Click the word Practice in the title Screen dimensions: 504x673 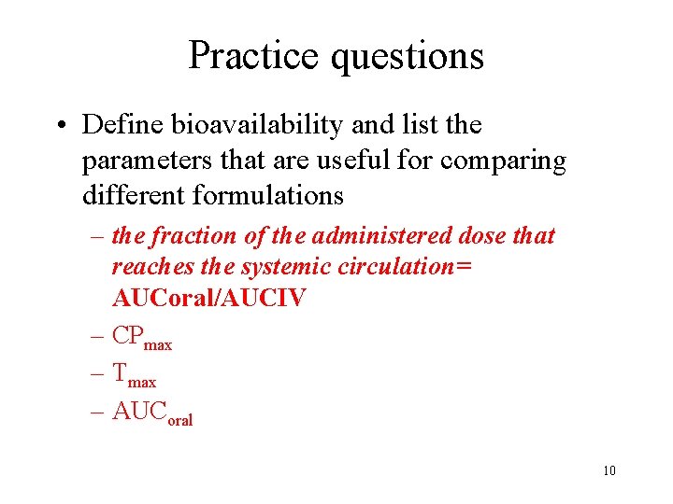click(254, 56)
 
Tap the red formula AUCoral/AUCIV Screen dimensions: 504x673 click(208, 299)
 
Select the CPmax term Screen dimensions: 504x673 click(141, 337)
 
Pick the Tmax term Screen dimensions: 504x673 click(134, 374)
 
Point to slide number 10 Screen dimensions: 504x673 click(609, 470)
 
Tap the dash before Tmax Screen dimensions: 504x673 click(97, 373)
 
